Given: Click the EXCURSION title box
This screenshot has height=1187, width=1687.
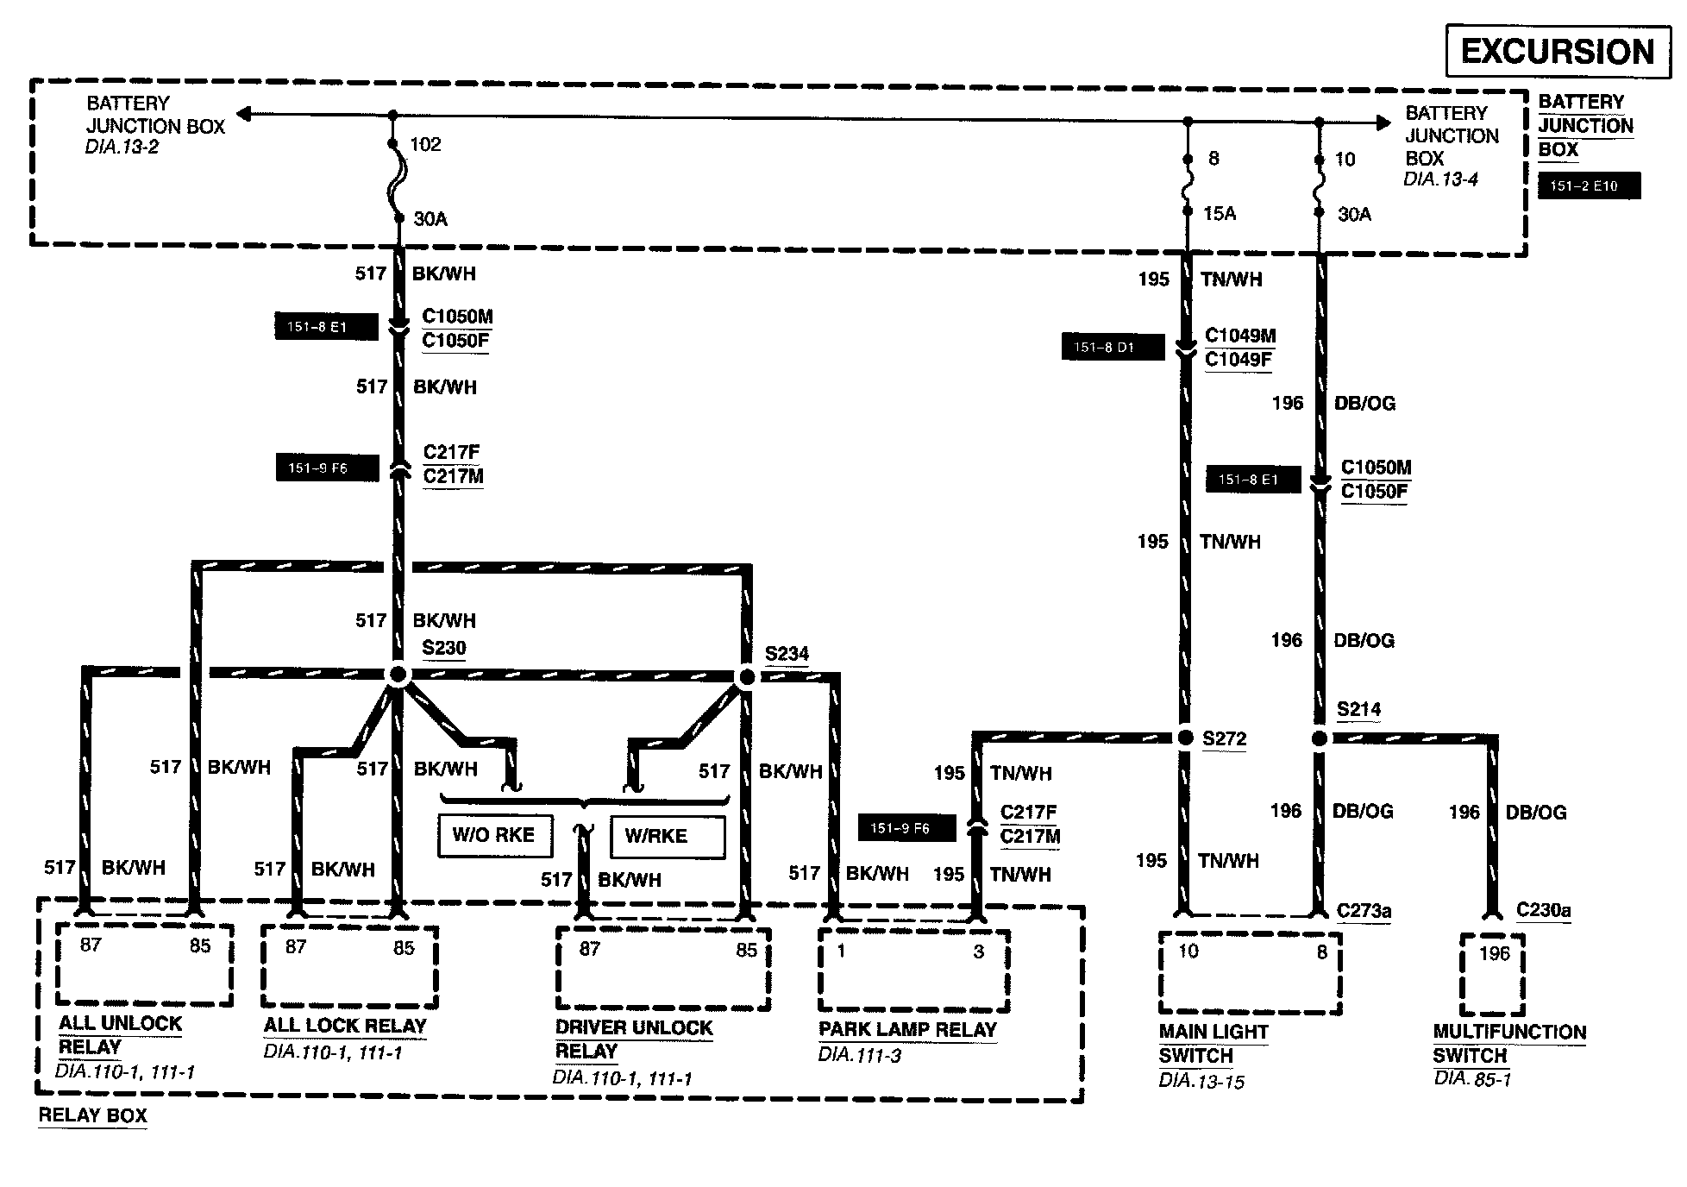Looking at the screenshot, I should [1557, 52].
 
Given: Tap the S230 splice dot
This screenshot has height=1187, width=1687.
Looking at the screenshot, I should [398, 675].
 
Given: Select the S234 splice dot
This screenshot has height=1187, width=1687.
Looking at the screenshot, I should [747, 677].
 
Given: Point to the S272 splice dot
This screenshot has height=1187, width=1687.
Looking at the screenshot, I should [1185, 738].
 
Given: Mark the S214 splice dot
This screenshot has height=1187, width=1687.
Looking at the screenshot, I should [1319, 738].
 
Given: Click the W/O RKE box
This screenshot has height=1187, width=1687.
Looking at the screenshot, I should [494, 835].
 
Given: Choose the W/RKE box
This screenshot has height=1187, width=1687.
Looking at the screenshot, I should [667, 836].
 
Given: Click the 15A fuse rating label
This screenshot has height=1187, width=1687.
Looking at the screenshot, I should [1220, 214].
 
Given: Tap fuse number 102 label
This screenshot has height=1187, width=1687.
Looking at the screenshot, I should [425, 144].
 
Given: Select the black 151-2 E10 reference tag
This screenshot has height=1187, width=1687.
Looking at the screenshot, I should [1589, 186].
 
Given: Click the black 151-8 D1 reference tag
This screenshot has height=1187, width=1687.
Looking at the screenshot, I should [1113, 348].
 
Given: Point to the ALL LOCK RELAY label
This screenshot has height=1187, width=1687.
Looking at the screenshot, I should [345, 1026].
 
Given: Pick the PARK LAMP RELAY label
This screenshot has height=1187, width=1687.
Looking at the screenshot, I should [907, 1029].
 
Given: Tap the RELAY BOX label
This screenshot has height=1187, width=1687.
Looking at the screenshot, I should [93, 1115].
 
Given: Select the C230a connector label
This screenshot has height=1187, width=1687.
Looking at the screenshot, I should [1543, 910].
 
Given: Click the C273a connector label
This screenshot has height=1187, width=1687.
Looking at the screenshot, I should [1364, 911].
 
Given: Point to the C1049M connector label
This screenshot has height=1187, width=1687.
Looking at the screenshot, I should [1240, 336].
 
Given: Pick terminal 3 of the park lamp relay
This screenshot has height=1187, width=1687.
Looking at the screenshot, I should [978, 951].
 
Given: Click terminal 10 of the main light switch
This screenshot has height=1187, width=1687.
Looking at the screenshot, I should [1188, 951].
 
